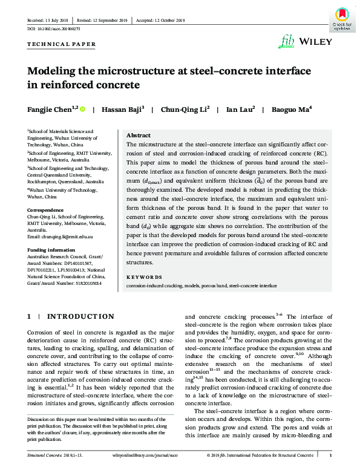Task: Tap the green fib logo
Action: [286, 41]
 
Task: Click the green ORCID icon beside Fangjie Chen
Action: [82, 109]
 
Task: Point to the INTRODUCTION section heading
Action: [80, 316]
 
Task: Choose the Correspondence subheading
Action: [46, 209]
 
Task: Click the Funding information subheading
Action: [51, 249]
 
